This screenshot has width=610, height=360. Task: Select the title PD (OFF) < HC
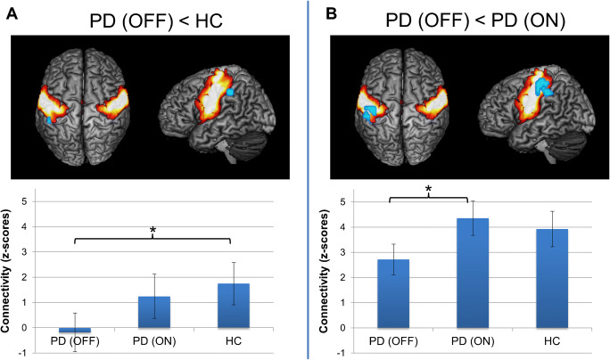coord(155,17)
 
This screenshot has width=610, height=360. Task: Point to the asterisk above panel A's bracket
coord(152,232)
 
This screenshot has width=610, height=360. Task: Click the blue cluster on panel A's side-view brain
coord(230,91)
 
